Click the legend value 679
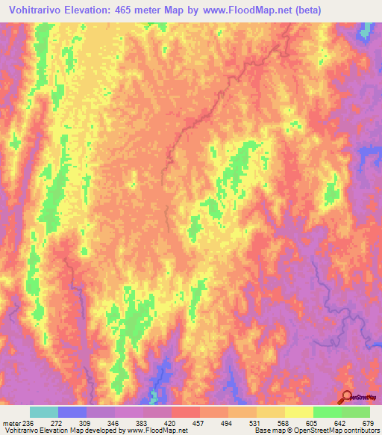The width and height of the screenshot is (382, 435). pyautogui.click(x=366, y=424)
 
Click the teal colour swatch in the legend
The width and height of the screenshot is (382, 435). pyautogui.click(x=44, y=412)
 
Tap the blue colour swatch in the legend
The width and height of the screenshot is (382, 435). pyautogui.click(x=72, y=412)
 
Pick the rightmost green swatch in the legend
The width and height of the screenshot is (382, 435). pyautogui.click(x=356, y=412)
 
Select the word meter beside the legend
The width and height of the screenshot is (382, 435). pyautogui.click(x=13, y=424)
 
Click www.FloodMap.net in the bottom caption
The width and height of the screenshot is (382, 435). pyautogui.click(x=156, y=431)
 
